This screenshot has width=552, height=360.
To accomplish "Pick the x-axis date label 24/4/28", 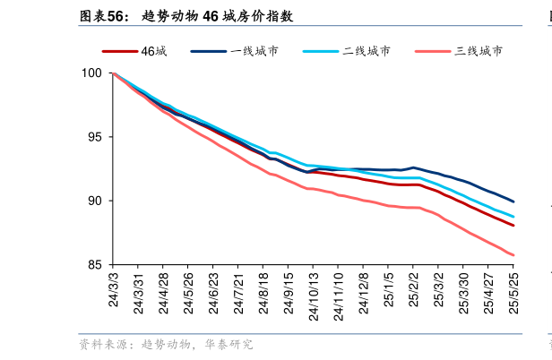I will pyautogui.click(x=164, y=295).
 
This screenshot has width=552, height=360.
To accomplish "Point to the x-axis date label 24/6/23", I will pyautogui.click(x=214, y=295).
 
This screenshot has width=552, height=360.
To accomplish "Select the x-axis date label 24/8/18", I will pyautogui.click(x=264, y=295).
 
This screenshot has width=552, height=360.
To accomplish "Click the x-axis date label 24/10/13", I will pyautogui.click(x=315, y=296).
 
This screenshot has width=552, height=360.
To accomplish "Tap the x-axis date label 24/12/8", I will pyautogui.click(x=365, y=295).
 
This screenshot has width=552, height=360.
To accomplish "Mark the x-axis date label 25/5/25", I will pyautogui.click(x=514, y=295).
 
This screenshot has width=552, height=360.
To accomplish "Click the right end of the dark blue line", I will pyautogui.click(x=513, y=201).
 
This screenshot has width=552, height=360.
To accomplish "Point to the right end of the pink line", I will pyautogui.click(x=513, y=255).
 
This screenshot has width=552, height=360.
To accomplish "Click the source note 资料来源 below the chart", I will pyautogui.click(x=166, y=344).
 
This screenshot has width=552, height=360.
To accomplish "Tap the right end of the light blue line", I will pyautogui.click(x=513, y=217).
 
